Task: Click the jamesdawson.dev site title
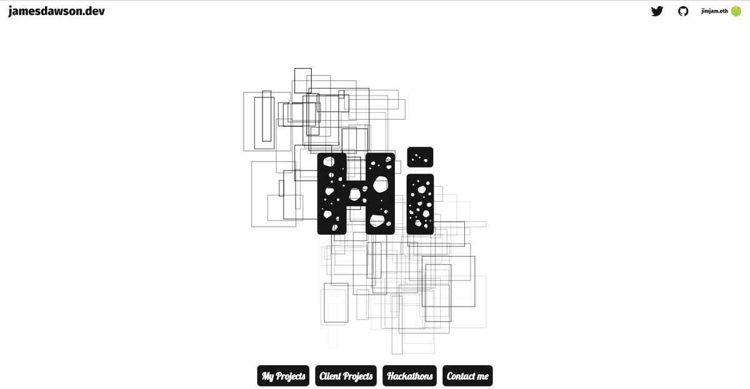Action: click(x=57, y=11)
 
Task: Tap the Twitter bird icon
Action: click(x=657, y=11)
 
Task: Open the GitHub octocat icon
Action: click(x=683, y=11)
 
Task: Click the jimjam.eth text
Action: click(x=714, y=11)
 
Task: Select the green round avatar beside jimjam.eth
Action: click(x=736, y=11)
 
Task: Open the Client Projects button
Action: click(x=346, y=376)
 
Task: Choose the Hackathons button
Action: click(x=409, y=376)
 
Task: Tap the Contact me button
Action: click(x=467, y=376)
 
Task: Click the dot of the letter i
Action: click(x=420, y=157)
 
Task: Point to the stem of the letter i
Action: click(x=420, y=204)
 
